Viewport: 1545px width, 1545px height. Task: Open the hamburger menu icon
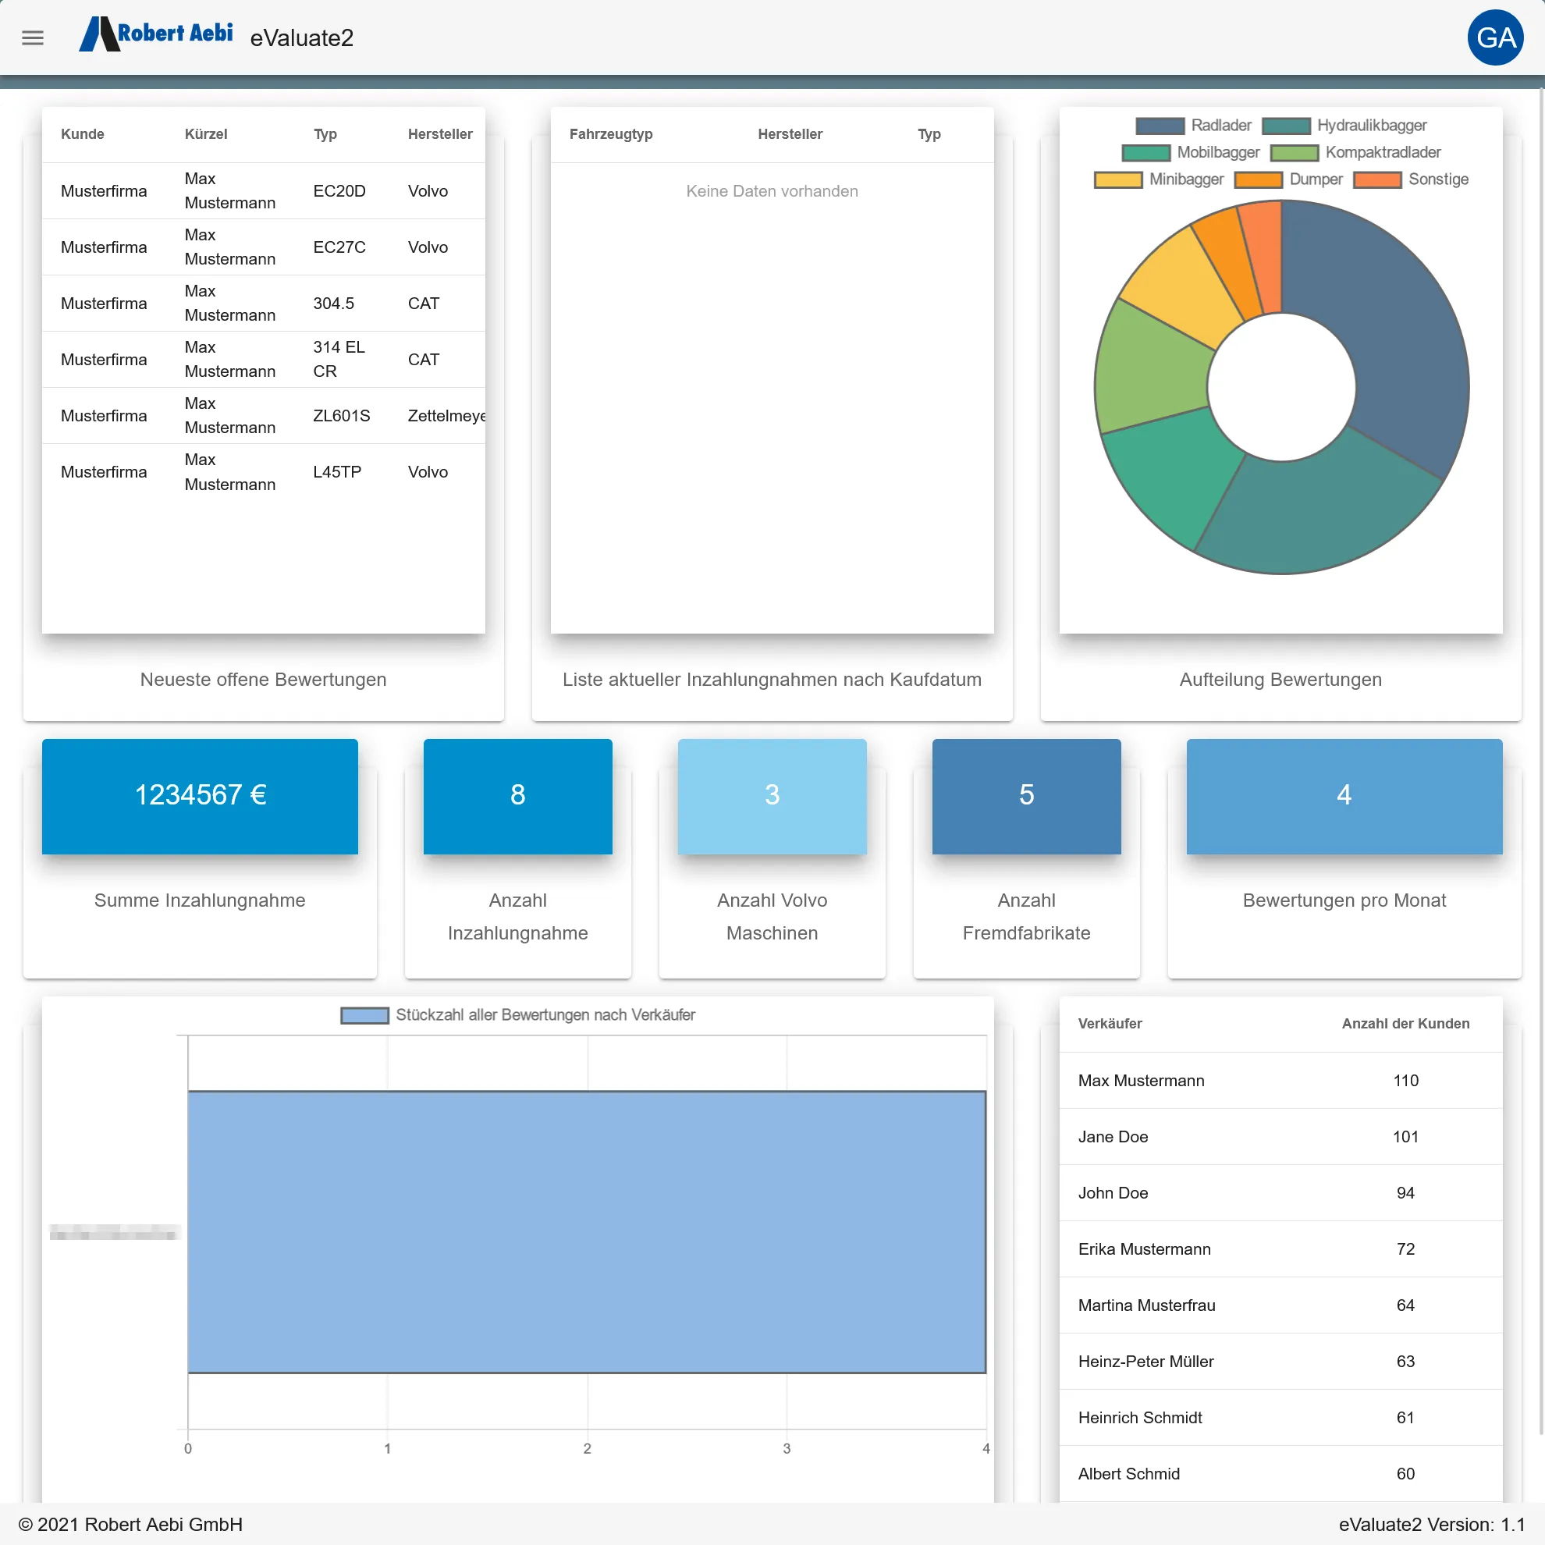(33, 37)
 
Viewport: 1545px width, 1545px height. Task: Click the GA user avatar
(1494, 37)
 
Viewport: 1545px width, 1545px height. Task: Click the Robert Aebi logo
(157, 34)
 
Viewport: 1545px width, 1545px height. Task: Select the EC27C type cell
(339, 247)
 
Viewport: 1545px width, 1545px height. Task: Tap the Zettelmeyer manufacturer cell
(446, 416)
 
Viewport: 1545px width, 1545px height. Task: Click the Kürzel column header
(205, 134)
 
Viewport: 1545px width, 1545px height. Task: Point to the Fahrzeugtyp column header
(610, 134)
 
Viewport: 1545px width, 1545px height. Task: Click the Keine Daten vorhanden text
(772, 191)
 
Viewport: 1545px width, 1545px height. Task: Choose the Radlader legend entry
(1193, 126)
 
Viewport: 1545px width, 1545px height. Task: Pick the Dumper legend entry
(1288, 179)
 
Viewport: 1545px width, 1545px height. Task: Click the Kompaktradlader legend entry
(1355, 152)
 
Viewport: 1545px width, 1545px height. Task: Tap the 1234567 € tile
(200, 796)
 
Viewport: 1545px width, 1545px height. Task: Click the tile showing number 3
(772, 796)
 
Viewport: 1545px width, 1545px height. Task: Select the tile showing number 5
(1026, 796)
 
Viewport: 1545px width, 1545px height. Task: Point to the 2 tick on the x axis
(587, 1448)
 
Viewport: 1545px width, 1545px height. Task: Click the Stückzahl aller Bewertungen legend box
(364, 1016)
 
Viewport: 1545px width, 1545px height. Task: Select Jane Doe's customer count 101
(1405, 1136)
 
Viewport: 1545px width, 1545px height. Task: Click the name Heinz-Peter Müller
(1145, 1361)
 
